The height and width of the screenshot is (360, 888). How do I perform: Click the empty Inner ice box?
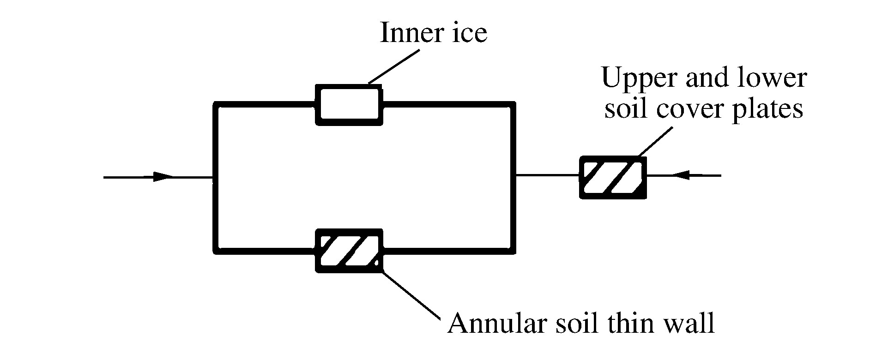pos(349,104)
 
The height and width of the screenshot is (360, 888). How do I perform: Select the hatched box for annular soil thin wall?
pos(349,250)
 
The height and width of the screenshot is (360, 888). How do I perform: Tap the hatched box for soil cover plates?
pos(613,178)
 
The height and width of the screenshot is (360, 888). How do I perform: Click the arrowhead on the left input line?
pos(163,177)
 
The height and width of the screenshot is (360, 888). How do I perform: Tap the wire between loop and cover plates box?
pos(547,175)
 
